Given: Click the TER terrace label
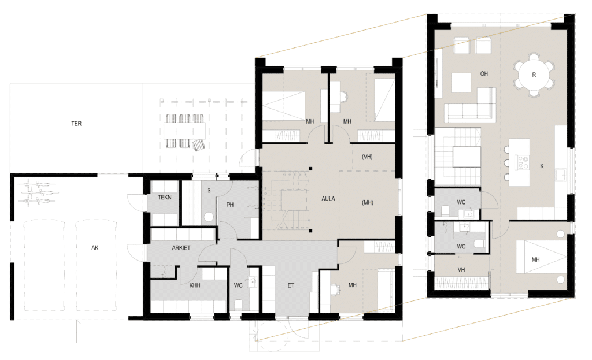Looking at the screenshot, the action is [x=76, y=124].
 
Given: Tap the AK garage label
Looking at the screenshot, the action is [x=95, y=247].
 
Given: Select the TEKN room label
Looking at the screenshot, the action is [x=165, y=197].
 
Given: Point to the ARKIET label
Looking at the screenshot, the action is [x=181, y=248].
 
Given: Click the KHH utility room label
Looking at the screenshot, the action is [x=195, y=285].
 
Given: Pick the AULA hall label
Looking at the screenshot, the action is [x=328, y=198].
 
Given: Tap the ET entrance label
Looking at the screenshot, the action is [x=291, y=285].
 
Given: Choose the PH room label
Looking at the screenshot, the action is [x=230, y=205].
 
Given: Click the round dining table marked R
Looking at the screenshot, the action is [x=534, y=75].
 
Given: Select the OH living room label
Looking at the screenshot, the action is [x=484, y=73].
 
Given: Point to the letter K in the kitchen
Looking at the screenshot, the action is [x=542, y=166].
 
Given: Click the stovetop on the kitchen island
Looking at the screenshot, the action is [x=523, y=162].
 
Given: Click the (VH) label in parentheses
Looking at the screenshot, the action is [x=367, y=157].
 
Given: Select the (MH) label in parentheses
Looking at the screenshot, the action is [x=367, y=202].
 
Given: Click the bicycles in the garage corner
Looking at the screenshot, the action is [x=38, y=192].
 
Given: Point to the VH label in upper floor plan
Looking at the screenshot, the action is [x=461, y=270].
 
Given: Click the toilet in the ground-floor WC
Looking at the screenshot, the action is [x=238, y=304].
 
